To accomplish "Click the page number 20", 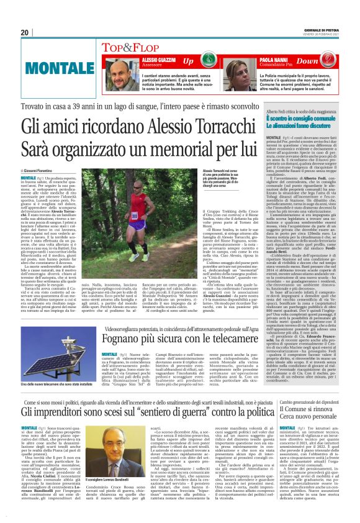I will (25, 32).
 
